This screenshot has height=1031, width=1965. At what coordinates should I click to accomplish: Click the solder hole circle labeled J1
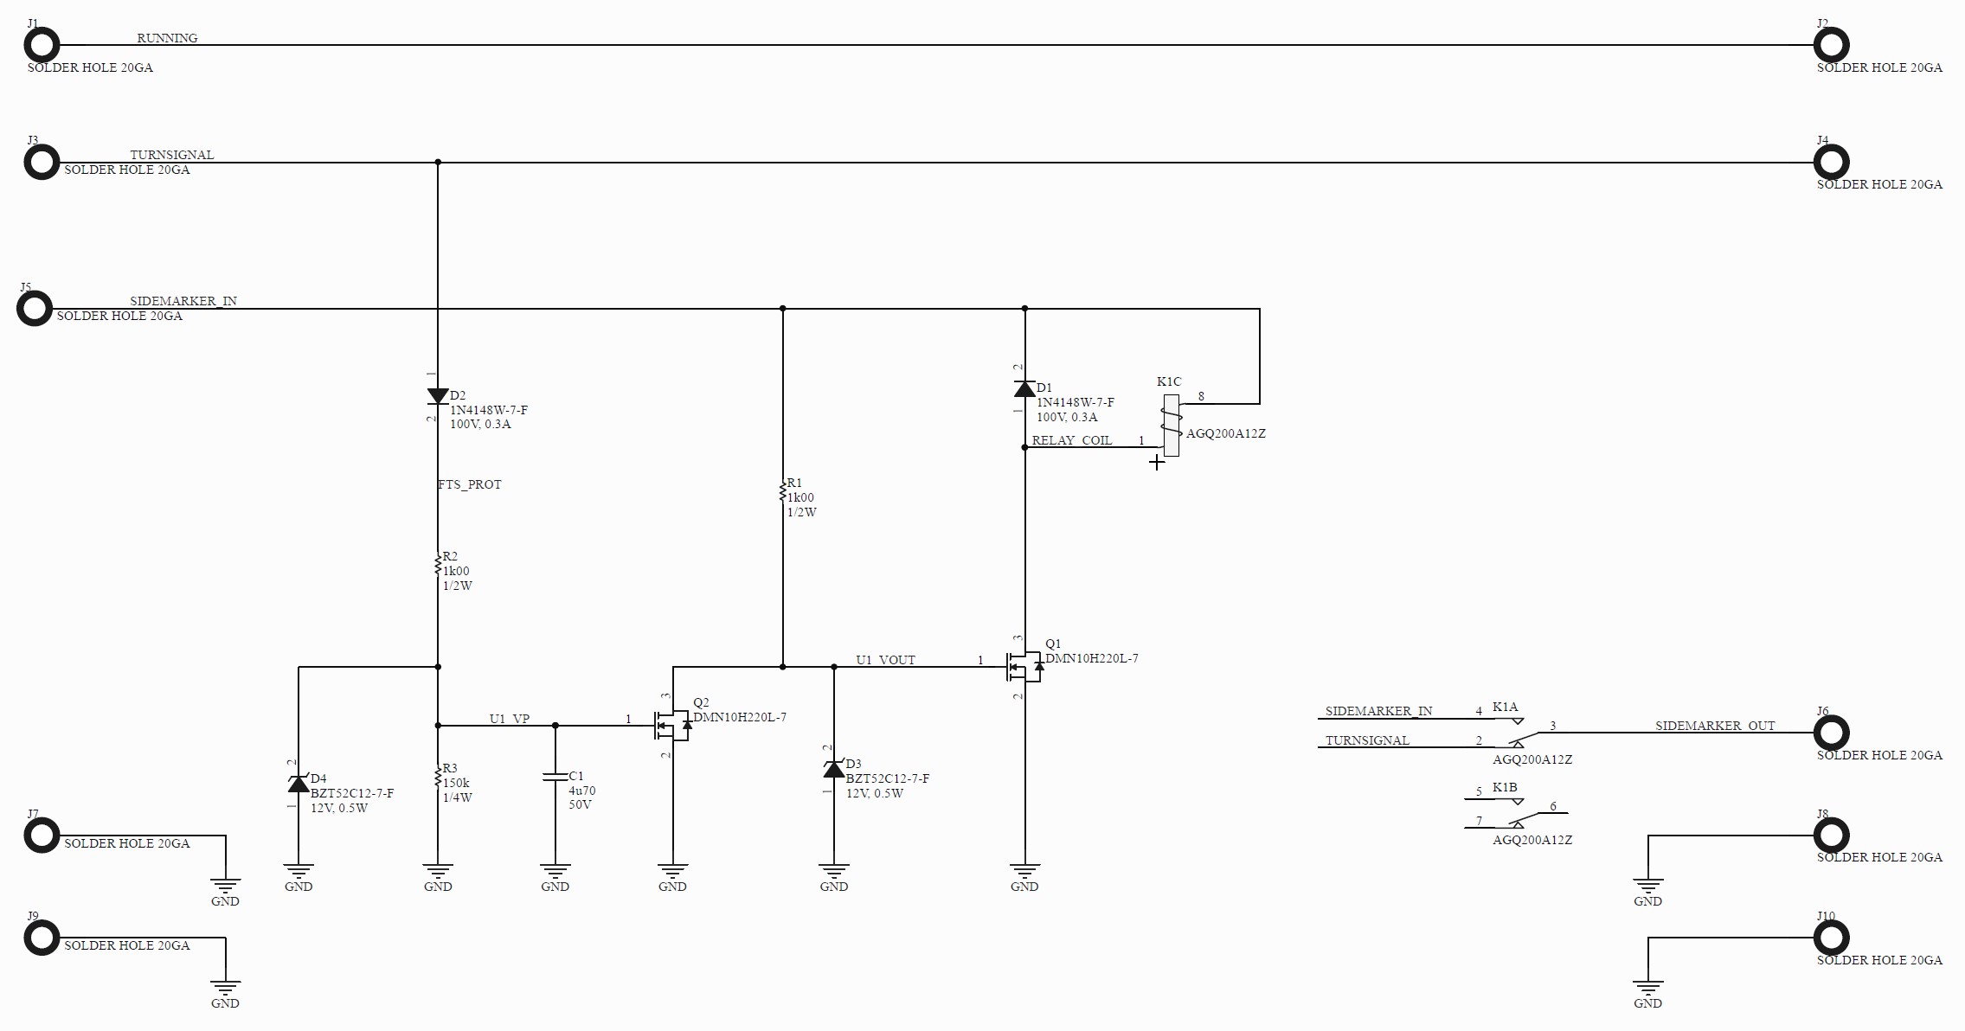click(42, 45)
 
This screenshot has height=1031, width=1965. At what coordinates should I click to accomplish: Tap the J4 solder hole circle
click(1831, 162)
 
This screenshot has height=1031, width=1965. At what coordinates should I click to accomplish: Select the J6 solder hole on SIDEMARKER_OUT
click(1831, 733)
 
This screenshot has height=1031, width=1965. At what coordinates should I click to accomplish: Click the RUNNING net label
click(167, 38)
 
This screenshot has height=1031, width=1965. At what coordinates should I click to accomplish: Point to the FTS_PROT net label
click(470, 484)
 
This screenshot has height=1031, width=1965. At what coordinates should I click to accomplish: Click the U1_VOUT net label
click(885, 660)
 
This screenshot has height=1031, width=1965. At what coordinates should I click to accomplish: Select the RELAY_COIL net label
click(1071, 440)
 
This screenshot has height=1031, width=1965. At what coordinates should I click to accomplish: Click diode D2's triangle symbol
click(438, 396)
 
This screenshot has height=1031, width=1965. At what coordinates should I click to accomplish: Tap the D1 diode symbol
click(1024, 388)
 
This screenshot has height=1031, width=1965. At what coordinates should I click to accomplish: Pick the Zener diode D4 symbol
click(299, 784)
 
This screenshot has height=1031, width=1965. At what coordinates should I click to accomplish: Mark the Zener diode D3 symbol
click(834, 769)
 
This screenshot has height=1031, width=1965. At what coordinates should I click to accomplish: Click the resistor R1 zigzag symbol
click(783, 490)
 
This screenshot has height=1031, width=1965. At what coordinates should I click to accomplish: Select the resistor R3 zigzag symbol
click(438, 777)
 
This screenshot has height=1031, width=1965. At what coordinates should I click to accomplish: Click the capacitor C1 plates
click(555, 777)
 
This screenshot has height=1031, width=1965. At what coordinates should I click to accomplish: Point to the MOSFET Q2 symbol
click(672, 725)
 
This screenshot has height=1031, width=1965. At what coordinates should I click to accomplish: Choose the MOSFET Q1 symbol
click(1024, 667)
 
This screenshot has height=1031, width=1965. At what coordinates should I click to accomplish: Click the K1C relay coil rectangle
click(1172, 426)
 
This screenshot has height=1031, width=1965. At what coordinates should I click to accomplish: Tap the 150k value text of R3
click(456, 783)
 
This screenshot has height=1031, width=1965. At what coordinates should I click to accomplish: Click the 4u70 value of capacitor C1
click(582, 791)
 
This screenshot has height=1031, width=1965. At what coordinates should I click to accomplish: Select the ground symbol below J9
click(225, 989)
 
